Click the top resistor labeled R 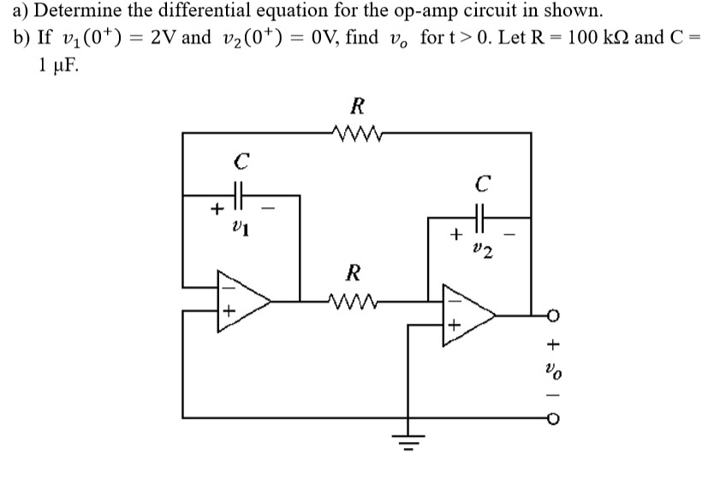[x=358, y=133]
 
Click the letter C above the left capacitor [x=242, y=160]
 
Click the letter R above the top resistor [x=358, y=107]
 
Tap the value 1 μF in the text [x=58, y=68]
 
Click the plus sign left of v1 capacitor [x=217, y=207]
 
